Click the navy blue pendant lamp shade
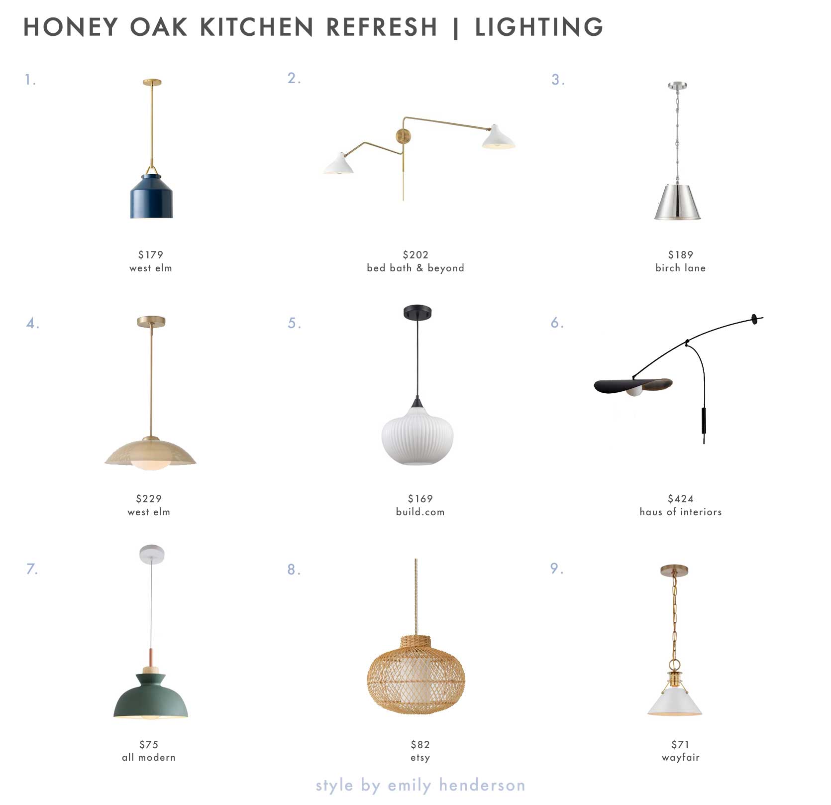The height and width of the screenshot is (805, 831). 151,197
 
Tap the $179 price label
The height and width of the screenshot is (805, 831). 151,255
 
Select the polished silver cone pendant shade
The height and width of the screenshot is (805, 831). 677,202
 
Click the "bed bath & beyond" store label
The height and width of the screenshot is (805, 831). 415,268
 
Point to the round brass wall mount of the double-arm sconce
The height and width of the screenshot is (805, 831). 403,135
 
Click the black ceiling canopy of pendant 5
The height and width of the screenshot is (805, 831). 417,312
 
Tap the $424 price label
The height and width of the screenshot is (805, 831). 681,498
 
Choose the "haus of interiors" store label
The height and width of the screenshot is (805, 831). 681,512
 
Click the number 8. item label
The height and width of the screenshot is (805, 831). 294,570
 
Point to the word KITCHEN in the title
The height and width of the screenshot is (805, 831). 257,27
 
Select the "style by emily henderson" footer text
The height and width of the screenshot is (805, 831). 420,785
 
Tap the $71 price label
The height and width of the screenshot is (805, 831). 680,744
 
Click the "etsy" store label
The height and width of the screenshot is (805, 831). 420,758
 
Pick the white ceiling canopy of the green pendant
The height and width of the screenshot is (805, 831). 152,554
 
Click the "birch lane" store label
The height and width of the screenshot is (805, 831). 681,268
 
